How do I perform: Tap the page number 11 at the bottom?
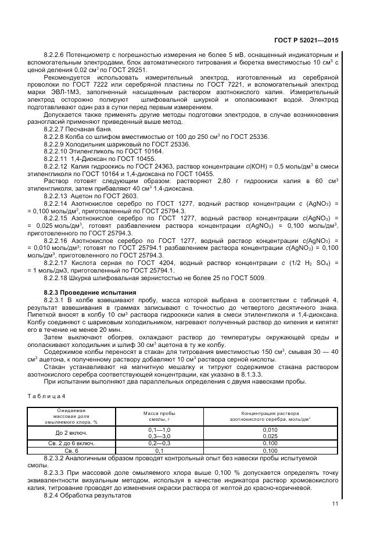tap(335, 504)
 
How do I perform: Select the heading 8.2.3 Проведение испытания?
tap(89, 291)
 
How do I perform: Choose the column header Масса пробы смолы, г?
tap(159, 415)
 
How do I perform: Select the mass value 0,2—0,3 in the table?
tap(159, 443)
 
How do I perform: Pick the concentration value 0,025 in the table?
tap(270, 435)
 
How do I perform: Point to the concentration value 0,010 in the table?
tap(270, 429)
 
